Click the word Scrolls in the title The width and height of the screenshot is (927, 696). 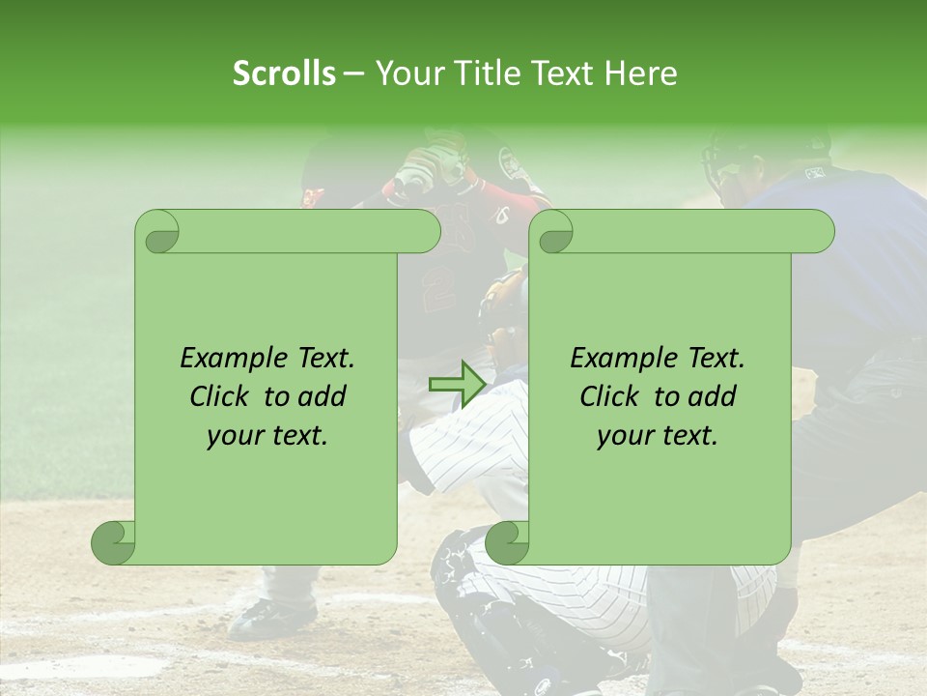(284, 73)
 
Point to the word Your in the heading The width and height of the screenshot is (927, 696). (407, 73)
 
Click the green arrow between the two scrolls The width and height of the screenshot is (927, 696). (457, 385)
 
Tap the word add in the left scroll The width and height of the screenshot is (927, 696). (322, 396)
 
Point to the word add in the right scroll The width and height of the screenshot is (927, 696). (712, 396)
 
